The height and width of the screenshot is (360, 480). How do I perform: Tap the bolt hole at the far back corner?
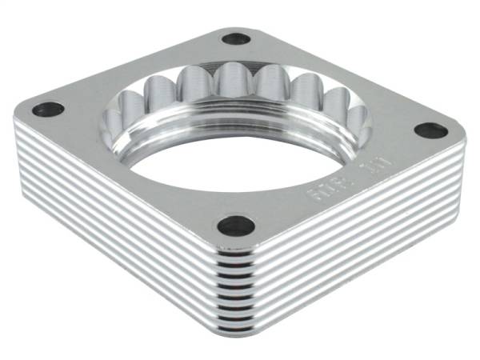pos(236,38)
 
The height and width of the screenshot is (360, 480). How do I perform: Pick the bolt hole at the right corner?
pos(431,129)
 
